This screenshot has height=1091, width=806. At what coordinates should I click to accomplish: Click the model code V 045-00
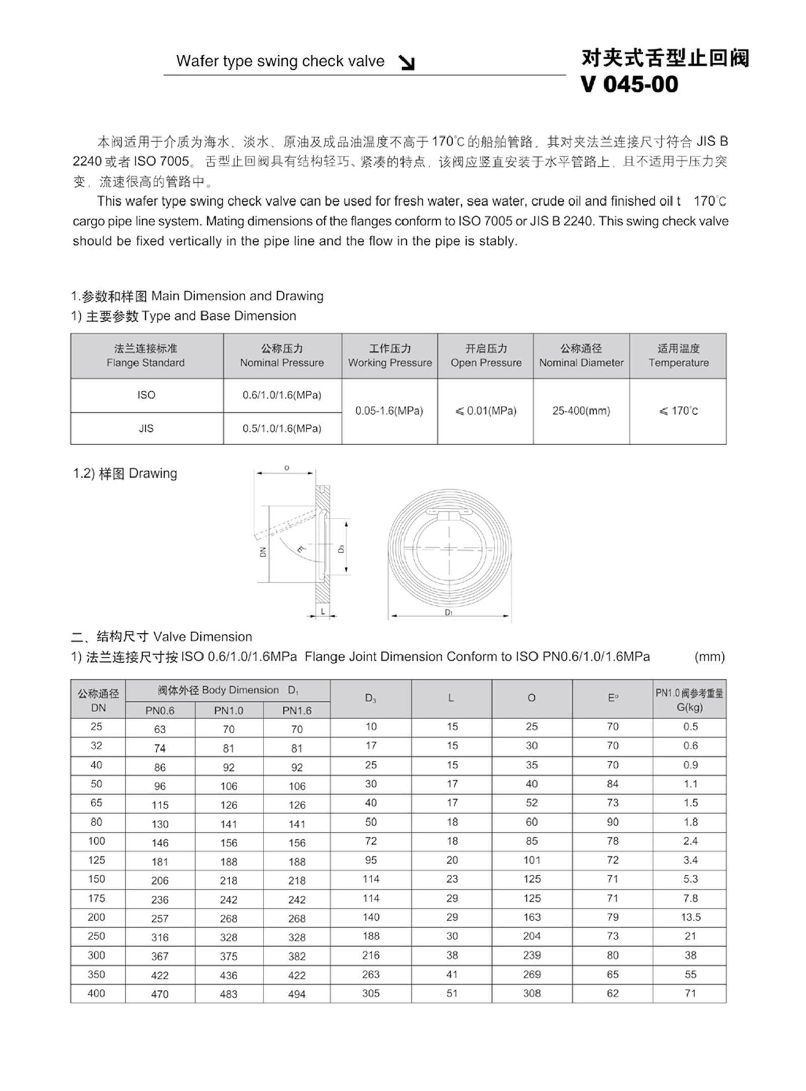pos(630,84)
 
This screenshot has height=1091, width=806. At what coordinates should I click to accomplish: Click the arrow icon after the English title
pos(407,62)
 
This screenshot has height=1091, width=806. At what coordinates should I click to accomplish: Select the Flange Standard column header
pos(146,356)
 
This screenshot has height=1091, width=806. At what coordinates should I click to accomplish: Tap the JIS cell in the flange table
pos(146,428)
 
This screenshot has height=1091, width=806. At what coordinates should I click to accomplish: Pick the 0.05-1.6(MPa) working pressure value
pos(389,411)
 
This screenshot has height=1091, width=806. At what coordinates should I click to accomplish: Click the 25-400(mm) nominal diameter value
pos(581,411)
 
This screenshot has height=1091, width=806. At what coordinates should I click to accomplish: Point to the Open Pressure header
pos(486,356)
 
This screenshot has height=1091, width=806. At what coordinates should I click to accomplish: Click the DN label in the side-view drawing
pos(263,551)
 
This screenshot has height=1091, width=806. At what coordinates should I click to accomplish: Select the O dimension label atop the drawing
pos(287,468)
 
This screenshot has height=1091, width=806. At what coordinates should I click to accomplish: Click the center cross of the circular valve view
pos(449,548)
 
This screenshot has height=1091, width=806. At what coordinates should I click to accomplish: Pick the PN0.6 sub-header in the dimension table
pos(160,711)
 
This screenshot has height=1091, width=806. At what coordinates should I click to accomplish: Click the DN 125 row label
pos(96,860)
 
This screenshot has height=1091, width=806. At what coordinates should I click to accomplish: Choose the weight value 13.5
pos(690,917)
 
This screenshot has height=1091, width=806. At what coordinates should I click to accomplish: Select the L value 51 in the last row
pos(452,993)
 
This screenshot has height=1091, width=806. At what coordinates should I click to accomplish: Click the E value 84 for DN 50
pos(612,784)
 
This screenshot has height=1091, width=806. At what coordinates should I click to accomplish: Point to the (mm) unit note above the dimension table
pos(709,657)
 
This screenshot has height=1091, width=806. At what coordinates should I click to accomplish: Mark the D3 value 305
pos(371,993)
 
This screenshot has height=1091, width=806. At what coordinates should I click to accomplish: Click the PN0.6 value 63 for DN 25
pos(160,729)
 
